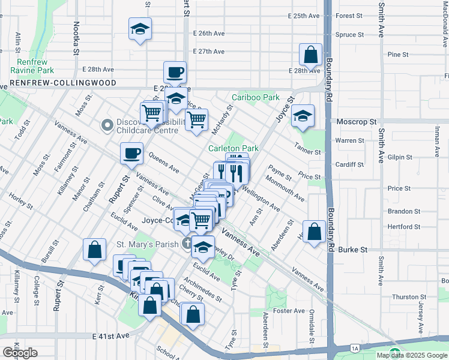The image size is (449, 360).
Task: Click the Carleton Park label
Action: (x=233, y=148)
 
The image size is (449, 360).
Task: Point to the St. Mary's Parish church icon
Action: (x=187, y=244)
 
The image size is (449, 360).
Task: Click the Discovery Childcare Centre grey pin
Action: (x=107, y=125)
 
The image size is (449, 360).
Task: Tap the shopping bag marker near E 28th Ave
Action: (x=311, y=55)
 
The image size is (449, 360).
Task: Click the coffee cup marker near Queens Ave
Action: (x=131, y=153)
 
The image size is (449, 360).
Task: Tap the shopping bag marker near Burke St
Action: (x=314, y=231)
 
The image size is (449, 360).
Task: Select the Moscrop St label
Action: (x=355, y=121)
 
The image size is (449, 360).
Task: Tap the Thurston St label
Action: (x=405, y=297)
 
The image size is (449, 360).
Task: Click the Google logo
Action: (x=20, y=353)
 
